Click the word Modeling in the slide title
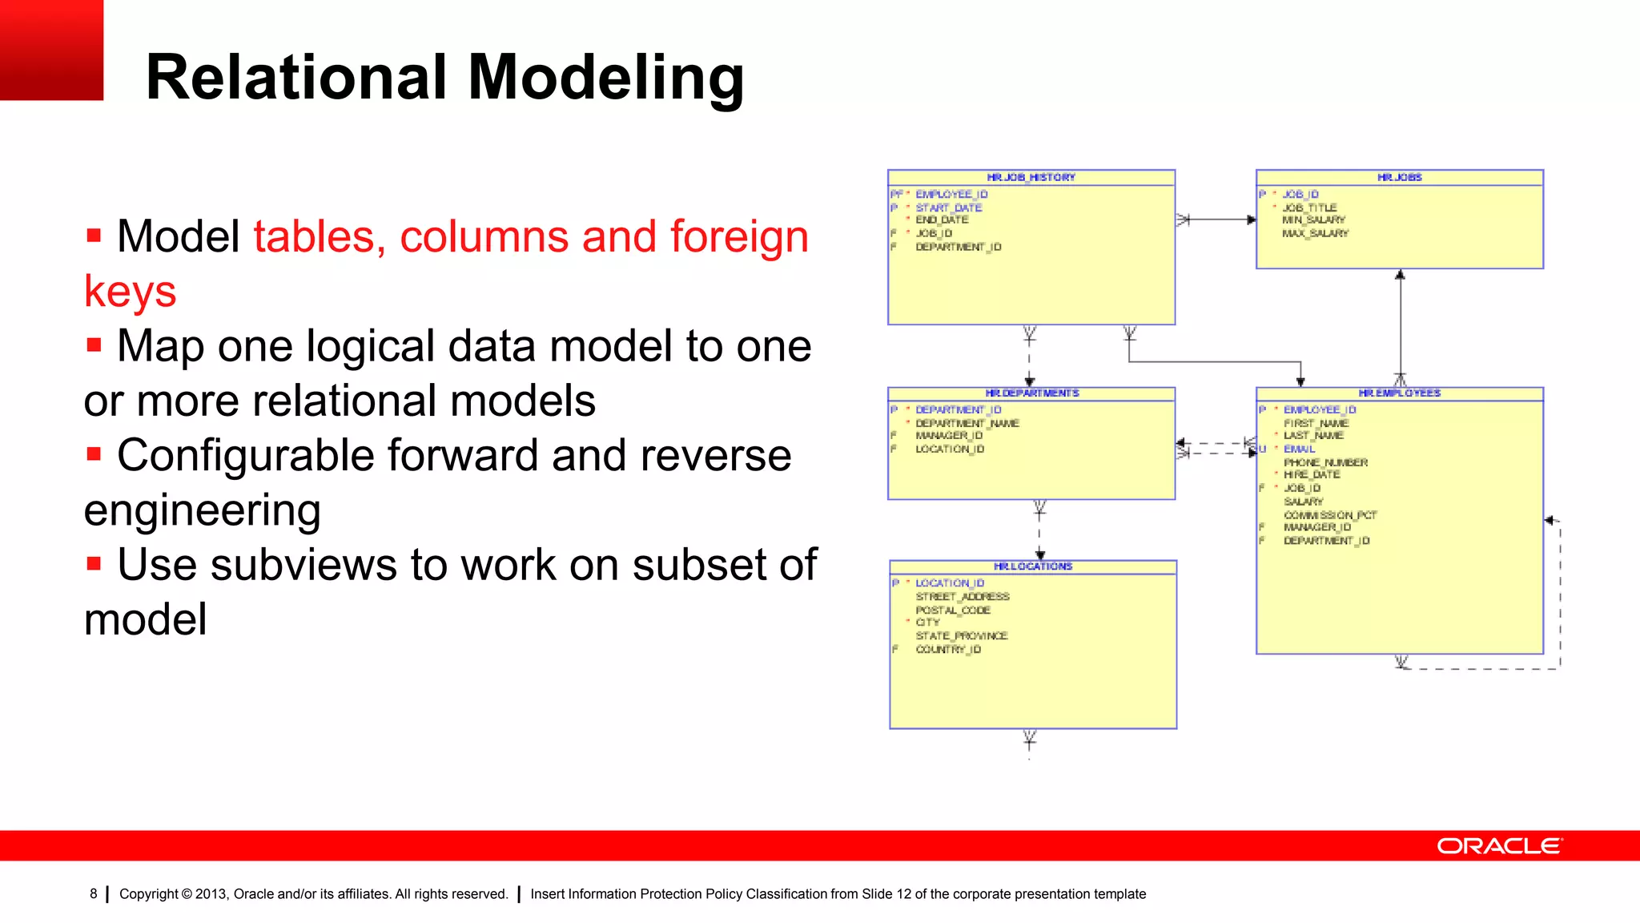tap(605, 79)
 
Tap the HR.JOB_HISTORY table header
tap(1031, 177)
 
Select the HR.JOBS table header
tap(1399, 177)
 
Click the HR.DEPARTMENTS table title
tap(1031, 393)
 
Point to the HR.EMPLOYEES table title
tap(1399, 393)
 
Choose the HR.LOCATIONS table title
tap(1032, 566)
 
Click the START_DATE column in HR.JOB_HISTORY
tap(948, 208)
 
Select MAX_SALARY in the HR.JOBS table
tap(1315, 233)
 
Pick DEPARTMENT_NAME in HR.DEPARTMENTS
tap(967, 423)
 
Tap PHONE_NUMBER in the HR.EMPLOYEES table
tap(1325, 462)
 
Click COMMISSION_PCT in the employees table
tap(1329, 515)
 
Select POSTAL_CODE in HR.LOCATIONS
tap(953, 611)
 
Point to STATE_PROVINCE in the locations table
tap(961, 636)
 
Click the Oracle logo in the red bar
tap(1499, 846)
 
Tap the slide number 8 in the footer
tap(94, 894)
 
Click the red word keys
tap(130, 292)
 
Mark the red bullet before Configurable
tap(94, 454)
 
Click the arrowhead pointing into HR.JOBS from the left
tap(1251, 220)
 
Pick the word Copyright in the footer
tap(148, 894)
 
